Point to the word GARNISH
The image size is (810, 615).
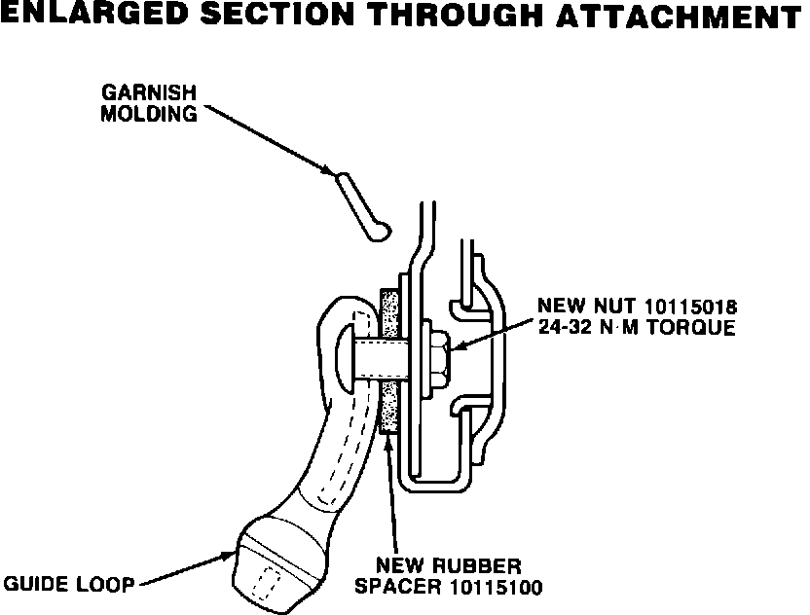151,93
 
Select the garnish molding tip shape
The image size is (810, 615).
360,206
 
